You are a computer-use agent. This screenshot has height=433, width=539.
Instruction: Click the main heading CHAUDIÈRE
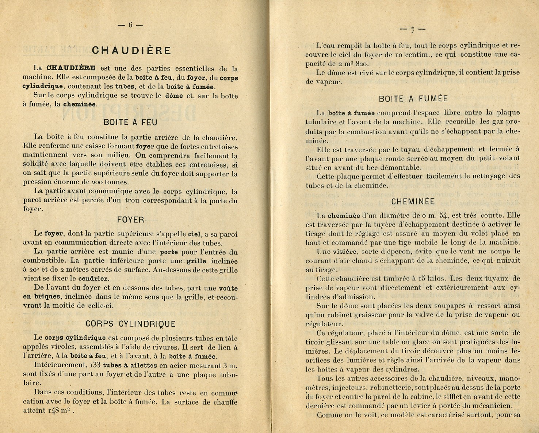point(131,50)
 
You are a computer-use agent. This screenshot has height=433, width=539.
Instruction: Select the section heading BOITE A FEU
point(130,123)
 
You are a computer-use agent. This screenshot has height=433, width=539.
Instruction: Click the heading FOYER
point(130,220)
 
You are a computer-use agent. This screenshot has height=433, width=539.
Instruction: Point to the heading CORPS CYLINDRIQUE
point(130,324)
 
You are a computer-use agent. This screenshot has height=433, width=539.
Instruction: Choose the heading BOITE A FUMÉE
point(413,98)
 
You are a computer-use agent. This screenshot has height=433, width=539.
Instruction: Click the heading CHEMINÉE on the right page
point(413,202)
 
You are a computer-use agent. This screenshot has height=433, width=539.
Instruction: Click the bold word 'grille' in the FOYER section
point(196,261)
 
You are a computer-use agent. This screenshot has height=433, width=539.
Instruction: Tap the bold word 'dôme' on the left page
point(174,96)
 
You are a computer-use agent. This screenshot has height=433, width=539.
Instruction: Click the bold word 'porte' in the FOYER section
point(169,252)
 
